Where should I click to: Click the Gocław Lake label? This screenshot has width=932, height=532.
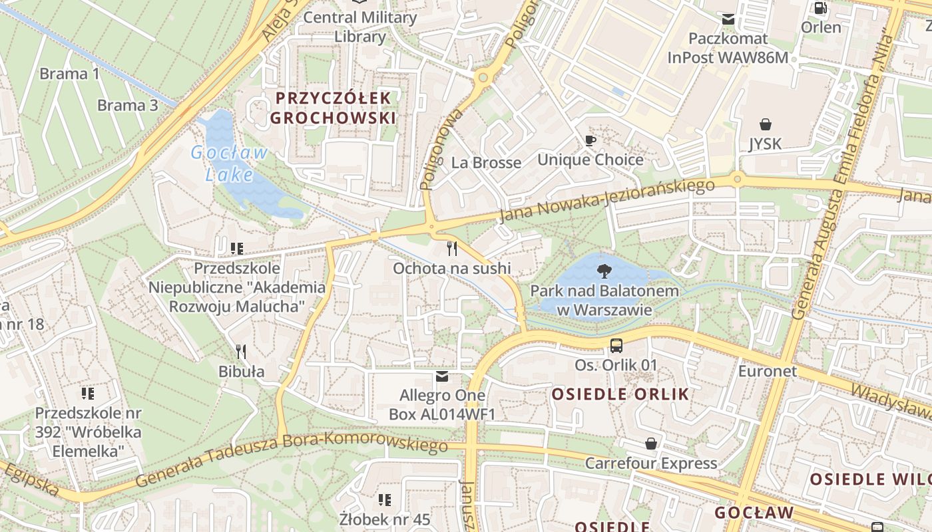[x=230, y=164]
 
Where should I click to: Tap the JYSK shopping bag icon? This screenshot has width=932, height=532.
[x=766, y=124]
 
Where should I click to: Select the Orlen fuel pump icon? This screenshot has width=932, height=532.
[x=821, y=9]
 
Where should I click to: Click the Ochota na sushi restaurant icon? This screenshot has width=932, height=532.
[x=452, y=249]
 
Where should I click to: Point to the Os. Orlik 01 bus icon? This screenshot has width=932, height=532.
[x=616, y=346]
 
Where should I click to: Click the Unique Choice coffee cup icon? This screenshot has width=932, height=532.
[x=590, y=140]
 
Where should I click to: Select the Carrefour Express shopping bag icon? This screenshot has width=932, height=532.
[x=651, y=444]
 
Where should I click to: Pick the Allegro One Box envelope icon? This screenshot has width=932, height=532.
[x=442, y=377]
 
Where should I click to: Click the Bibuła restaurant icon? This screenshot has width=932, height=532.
[x=241, y=352]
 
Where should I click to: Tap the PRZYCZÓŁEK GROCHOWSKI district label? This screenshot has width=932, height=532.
[x=334, y=108]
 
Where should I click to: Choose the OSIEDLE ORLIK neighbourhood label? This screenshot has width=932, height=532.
[x=620, y=394]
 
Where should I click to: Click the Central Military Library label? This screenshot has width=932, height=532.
[x=360, y=27]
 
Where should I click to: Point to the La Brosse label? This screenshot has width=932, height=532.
[x=486, y=163]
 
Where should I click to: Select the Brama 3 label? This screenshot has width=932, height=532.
[x=128, y=105]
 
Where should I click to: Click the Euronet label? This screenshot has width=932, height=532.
[x=767, y=371]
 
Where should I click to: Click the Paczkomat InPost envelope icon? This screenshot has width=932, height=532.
[x=728, y=19]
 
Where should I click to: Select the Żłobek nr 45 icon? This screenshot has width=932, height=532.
[x=385, y=499]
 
